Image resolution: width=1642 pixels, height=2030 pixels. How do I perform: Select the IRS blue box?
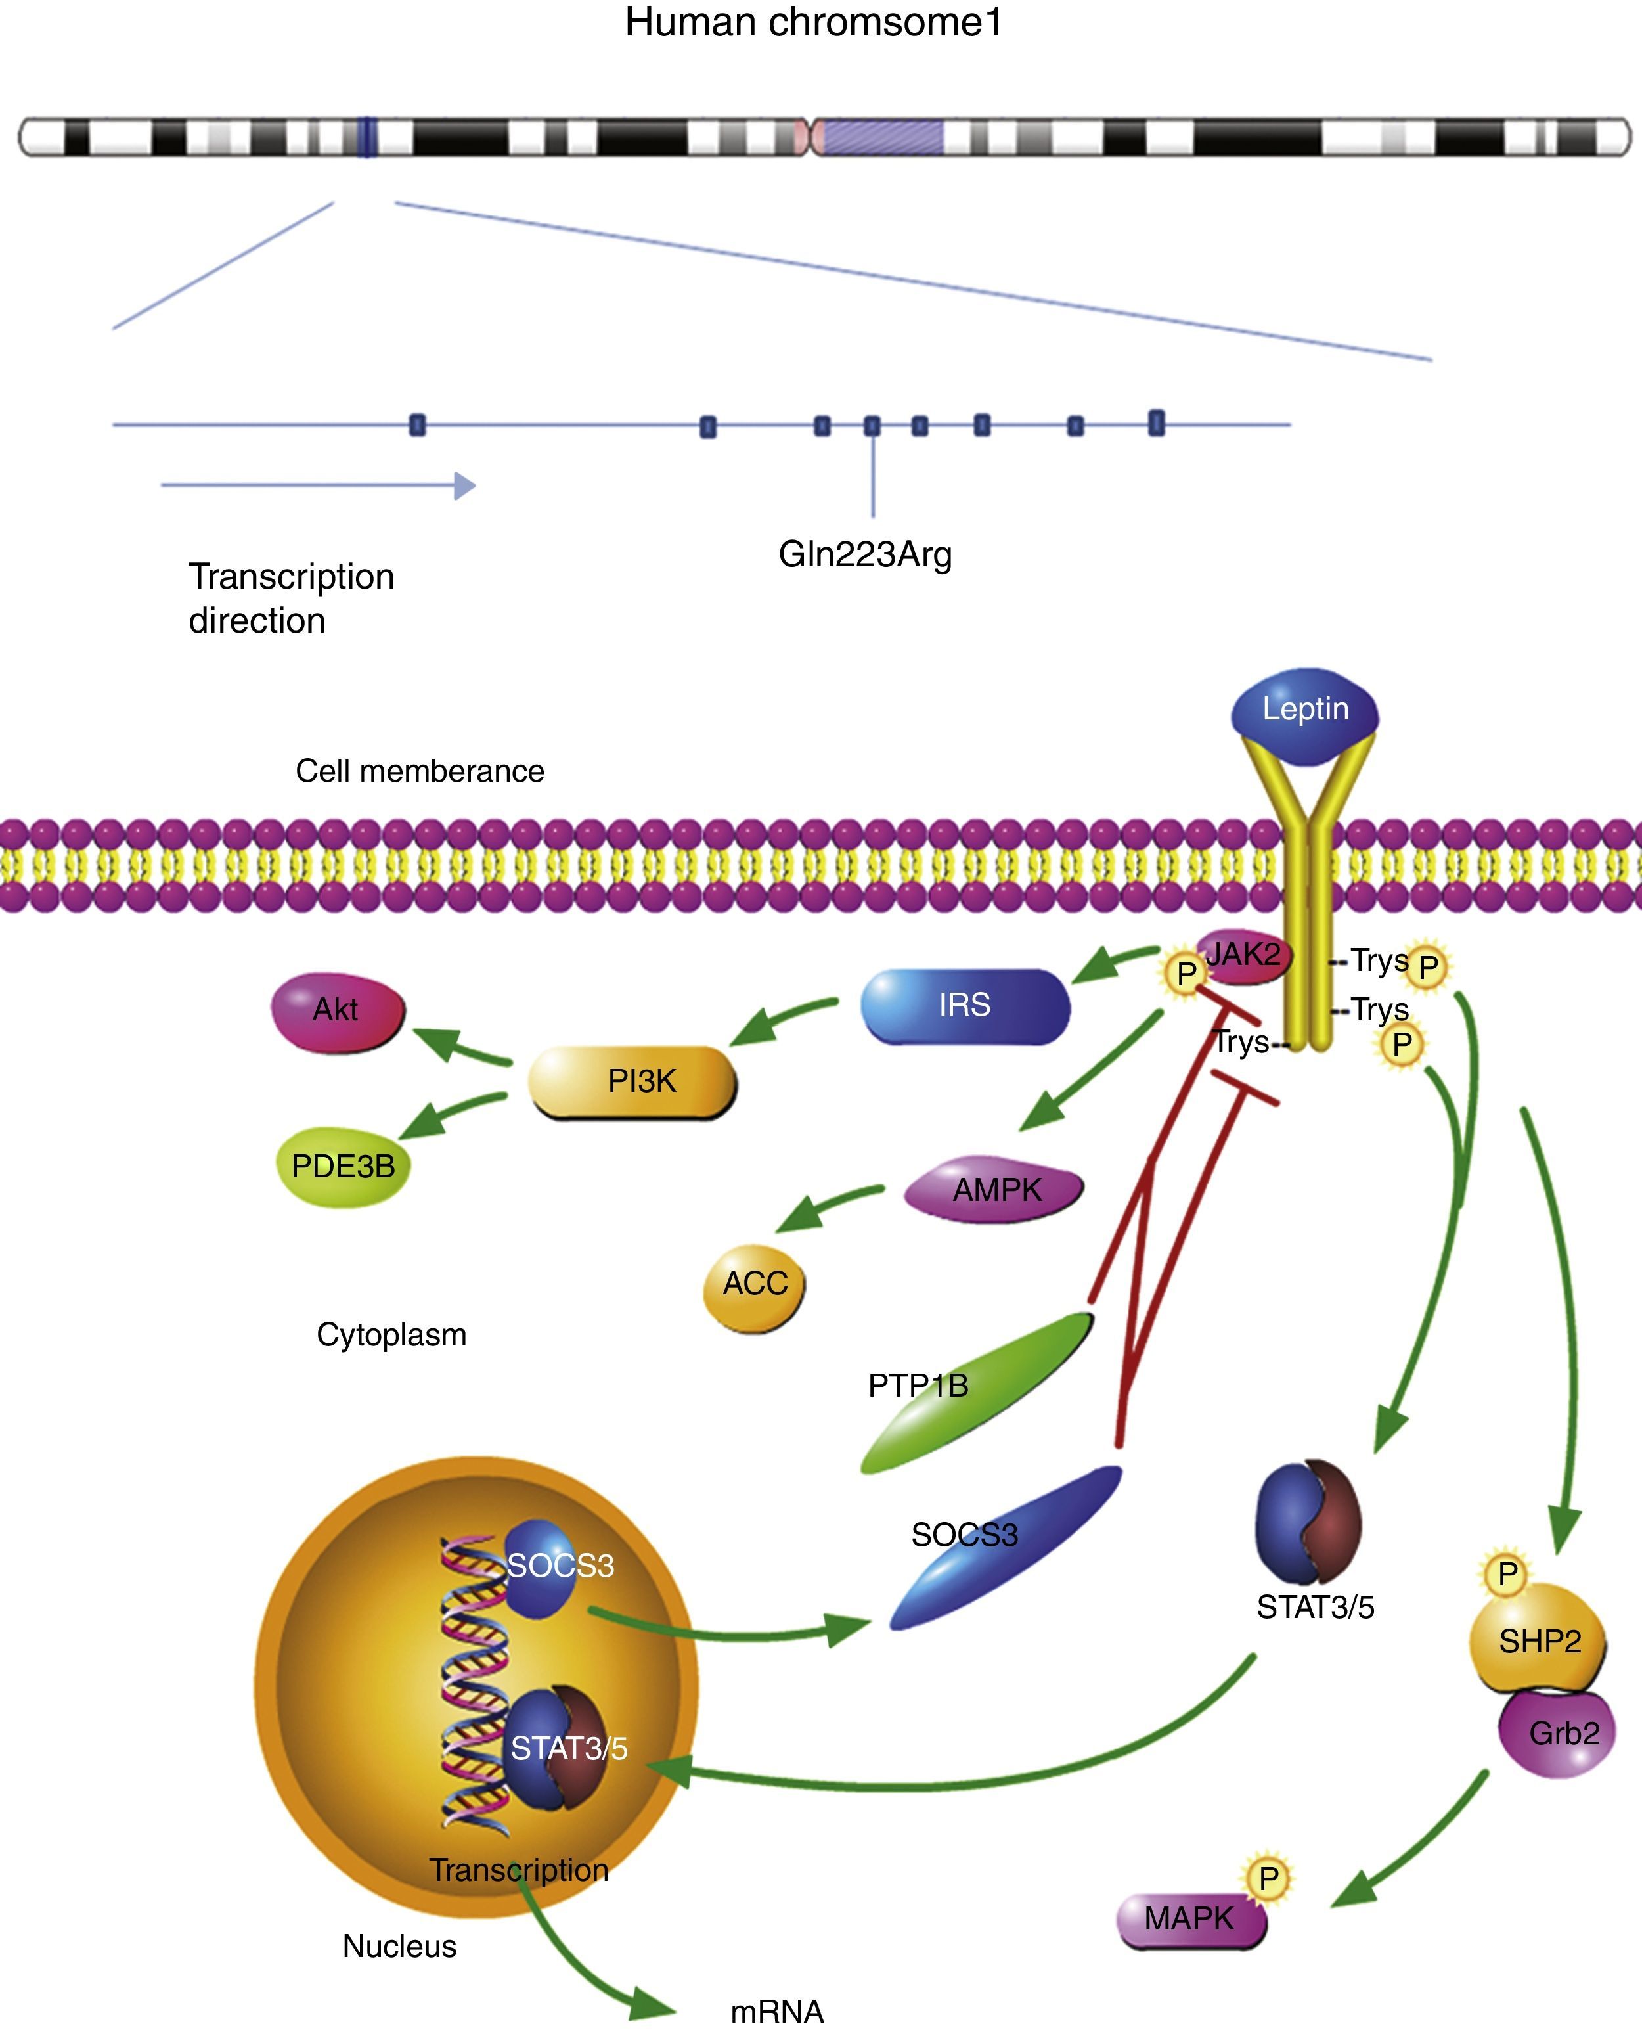click(x=965, y=1006)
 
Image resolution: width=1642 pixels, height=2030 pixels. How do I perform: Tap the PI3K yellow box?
click(x=632, y=1081)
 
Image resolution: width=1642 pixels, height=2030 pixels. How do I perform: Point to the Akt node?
click(x=338, y=1011)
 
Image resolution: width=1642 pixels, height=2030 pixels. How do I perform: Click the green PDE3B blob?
click(x=342, y=1166)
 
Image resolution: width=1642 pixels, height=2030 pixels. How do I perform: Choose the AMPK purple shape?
click(x=994, y=1190)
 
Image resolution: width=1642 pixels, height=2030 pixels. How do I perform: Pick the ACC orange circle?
click(x=754, y=1284)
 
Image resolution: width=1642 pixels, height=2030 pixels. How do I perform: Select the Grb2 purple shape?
click(x=1557, y=1734)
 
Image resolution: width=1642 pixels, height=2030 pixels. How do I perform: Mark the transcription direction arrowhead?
click(x=464, y=485)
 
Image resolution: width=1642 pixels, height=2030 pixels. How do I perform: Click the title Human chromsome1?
click(x=813, y=23)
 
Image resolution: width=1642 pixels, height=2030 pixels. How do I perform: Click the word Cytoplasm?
click(x=391, y=1335)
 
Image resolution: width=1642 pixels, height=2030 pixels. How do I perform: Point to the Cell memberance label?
click(x=420, y=771)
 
